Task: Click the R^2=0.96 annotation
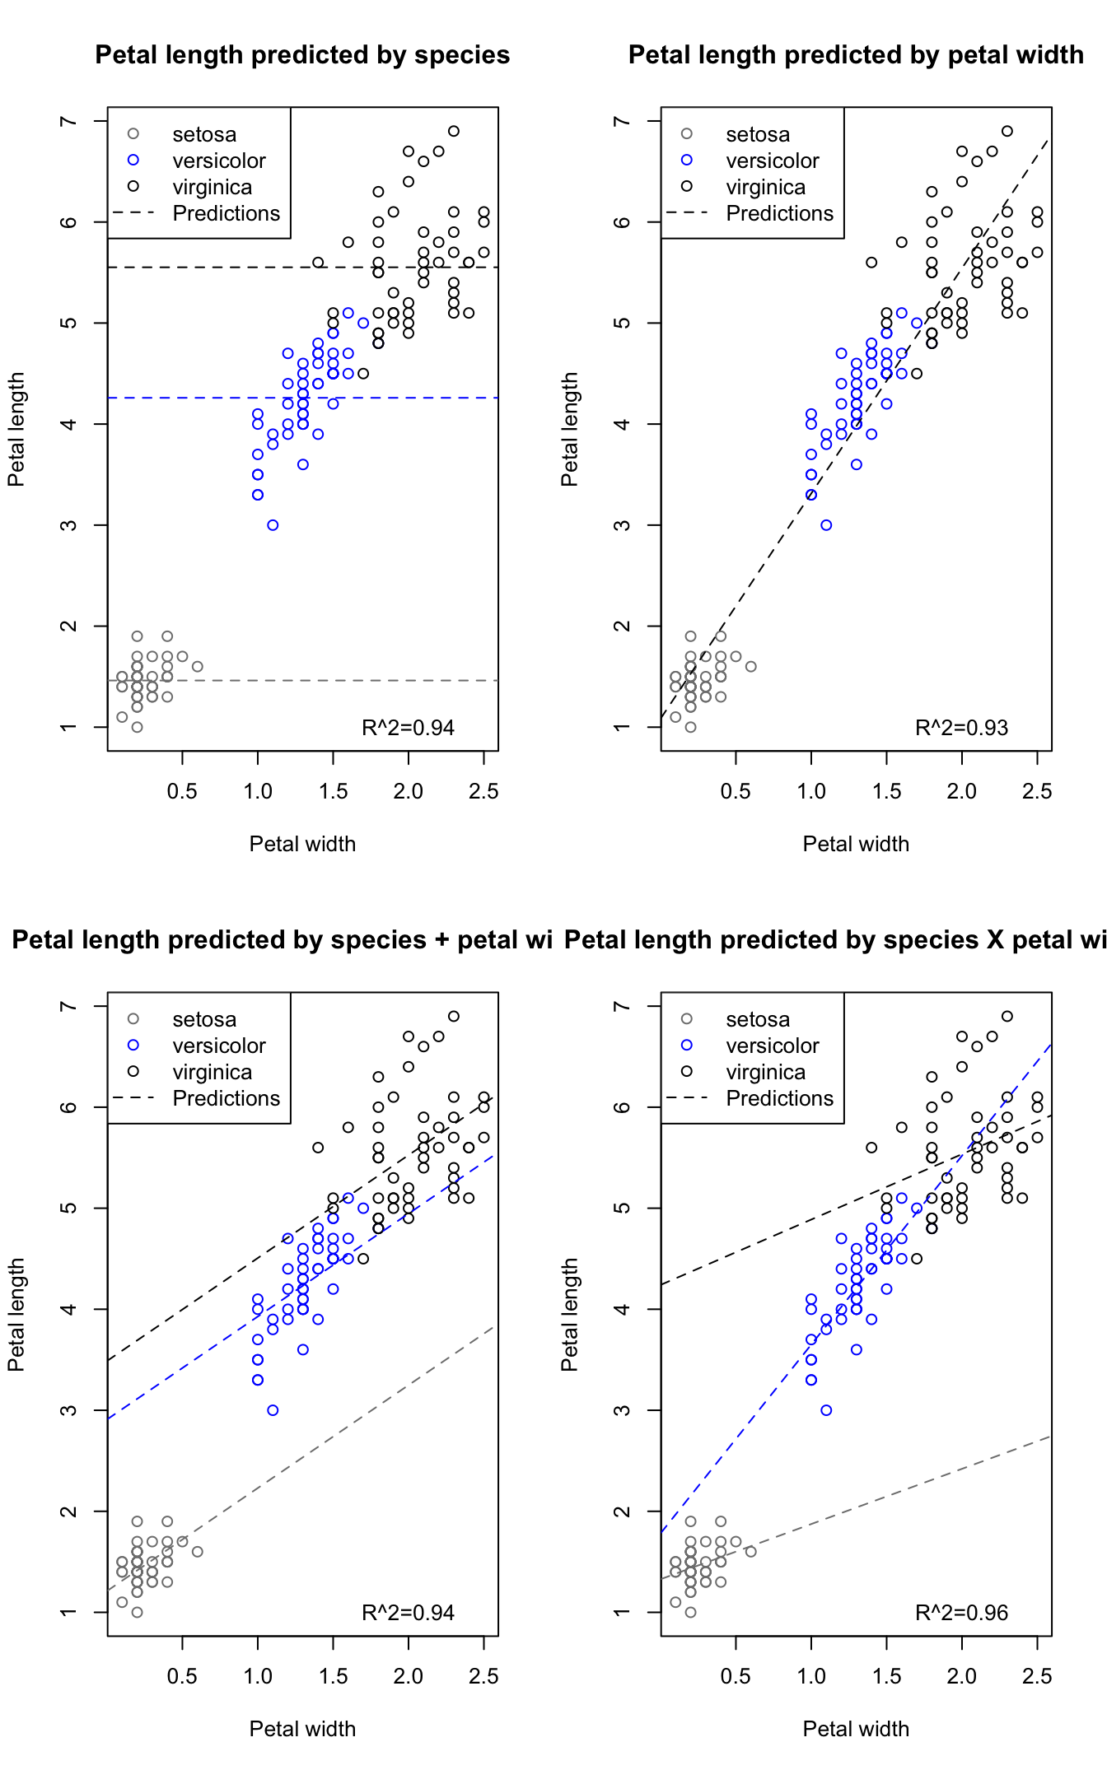tap(961, 1613)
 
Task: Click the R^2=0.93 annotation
tap(961, 728)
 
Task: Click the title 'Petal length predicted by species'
tap(302, 55)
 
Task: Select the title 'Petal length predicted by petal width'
tap(856, 55)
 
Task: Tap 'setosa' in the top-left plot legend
tap(204, 134)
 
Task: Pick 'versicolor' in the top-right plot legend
tap(772, 161)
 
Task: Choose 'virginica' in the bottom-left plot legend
tap(212, 1072)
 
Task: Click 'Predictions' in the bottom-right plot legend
tap(779, 1098)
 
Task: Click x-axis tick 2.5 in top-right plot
tap(1037, 791)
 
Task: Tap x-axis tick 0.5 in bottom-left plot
tap(182, 1676)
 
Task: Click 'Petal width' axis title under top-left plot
tap(302, 844)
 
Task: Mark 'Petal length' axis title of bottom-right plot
tap(569, 1314)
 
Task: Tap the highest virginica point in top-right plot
tap(1007, 131)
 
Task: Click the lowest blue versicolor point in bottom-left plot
tap(273, 1410)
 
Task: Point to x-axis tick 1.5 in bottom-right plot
tap(886, 1676)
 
